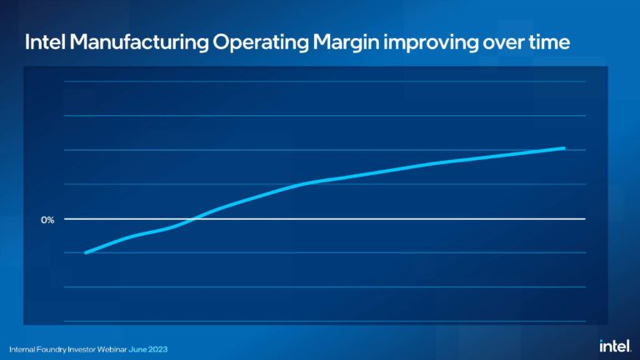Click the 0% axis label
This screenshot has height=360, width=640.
click(x=47, y=220)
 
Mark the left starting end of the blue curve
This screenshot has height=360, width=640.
click(x=86, y=252)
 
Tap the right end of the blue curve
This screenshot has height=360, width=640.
click(x=564, y=148)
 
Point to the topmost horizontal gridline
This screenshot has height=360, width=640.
click(x=325, y=82)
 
